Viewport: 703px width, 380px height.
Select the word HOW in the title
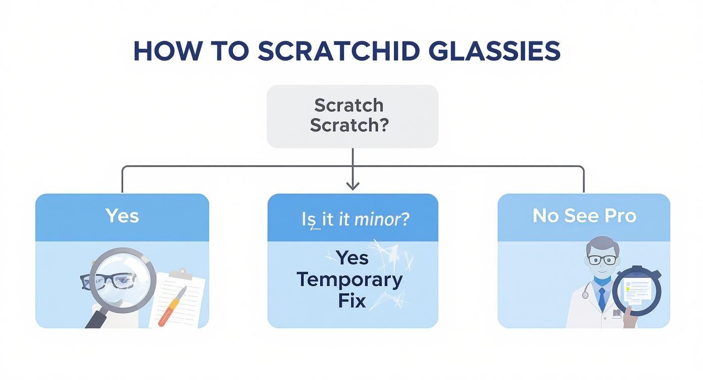[160, 51]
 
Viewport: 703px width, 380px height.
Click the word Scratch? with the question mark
[349, 125]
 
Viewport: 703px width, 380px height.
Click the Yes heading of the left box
[122, 216]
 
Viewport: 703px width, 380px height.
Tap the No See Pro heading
[584, 216]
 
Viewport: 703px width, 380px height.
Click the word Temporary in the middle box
[349, 279]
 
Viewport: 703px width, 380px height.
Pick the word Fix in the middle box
[352, 301]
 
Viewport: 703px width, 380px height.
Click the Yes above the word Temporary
[352, 258]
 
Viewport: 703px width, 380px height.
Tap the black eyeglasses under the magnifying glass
[109, 280]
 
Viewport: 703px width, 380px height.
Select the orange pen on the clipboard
[172, 306]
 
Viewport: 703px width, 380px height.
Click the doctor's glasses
[602, 260]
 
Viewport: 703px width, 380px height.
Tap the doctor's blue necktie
[601, 299]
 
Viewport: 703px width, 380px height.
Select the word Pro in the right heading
[621, 216]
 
